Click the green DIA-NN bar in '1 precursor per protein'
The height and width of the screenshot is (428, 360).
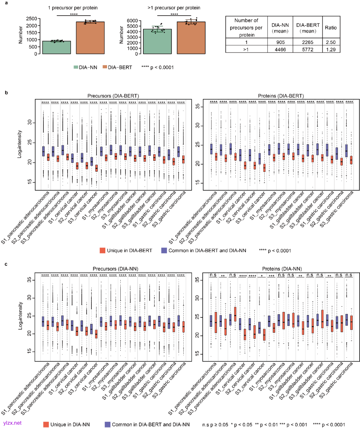coord(57,48)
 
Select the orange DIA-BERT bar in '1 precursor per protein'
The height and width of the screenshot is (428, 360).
coord(90,38)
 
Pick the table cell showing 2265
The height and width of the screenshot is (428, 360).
coord(308,42)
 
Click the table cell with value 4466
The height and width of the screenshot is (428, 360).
coord(280,50)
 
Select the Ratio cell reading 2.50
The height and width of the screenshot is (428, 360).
coord(331,42)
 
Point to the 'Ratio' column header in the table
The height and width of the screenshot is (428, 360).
coord(331,28)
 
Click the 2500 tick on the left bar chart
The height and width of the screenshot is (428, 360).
coord(31,19)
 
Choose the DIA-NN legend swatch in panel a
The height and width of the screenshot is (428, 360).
coord(76,67)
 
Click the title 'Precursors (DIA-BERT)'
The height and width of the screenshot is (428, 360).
coord(113,96)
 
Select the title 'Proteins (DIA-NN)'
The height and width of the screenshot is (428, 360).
coord(282,268)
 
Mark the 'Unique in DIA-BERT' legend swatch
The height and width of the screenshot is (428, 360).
coord(103,250)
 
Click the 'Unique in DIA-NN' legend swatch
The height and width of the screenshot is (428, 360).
coord(46,424)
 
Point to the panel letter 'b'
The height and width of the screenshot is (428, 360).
coord(6,93)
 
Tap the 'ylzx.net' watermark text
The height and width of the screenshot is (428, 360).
coord(12,423)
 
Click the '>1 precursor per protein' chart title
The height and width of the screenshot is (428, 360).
coord(174,8)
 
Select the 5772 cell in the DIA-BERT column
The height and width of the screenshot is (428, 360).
coord(308,50)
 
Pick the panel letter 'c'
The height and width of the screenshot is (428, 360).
coord(6,264)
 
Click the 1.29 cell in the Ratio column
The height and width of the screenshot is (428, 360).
coord(331,50)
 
